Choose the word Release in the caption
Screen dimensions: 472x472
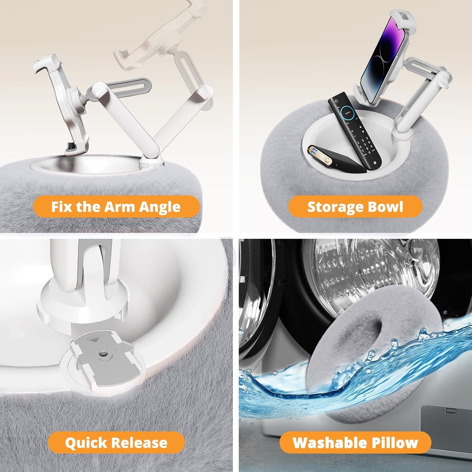[x=139, y=435]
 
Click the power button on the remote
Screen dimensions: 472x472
[x=336, y=101]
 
